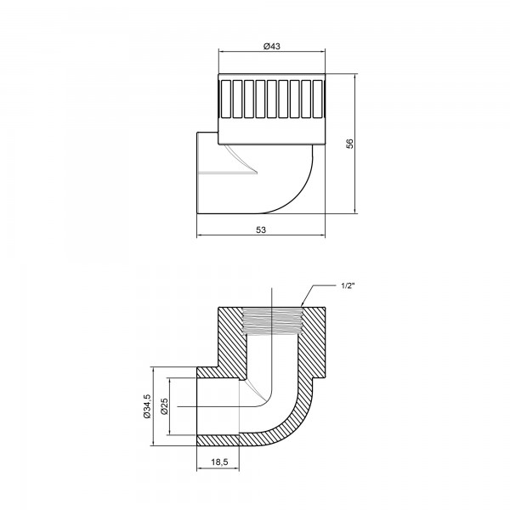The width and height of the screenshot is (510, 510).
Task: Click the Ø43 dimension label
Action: click(x=272, y=46)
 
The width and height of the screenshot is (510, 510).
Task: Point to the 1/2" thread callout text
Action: click(x=348, y=286)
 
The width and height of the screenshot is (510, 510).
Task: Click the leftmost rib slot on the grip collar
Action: click(x=225, y=99)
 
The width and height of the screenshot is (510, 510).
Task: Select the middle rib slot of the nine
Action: click(x=272, y=99)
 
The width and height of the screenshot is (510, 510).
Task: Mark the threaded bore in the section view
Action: click(x=272, y=323)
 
